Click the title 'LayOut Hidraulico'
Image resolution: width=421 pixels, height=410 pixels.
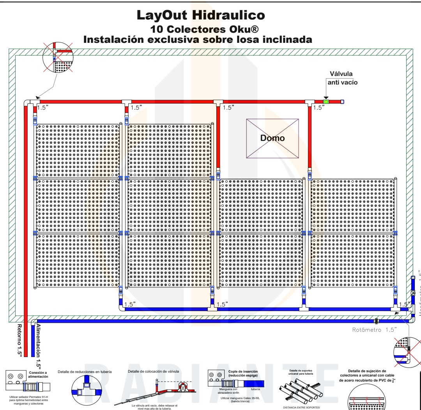[201, 16]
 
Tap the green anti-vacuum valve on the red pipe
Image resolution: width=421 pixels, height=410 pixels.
[326, 102]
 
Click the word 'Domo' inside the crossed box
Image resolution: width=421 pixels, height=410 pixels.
[272, 138]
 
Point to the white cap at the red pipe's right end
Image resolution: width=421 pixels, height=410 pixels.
[342, 102]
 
